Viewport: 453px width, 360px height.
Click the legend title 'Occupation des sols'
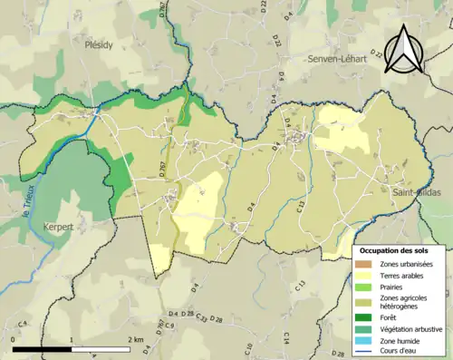coord(400,250)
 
